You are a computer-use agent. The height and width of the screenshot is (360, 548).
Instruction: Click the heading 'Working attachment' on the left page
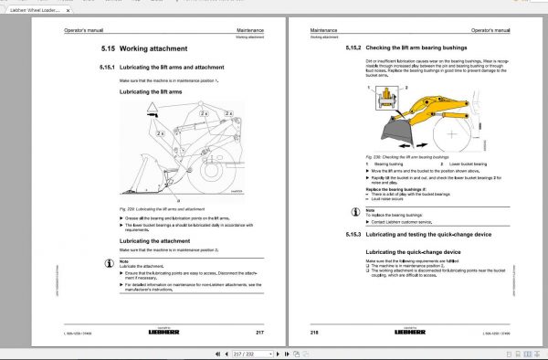160,48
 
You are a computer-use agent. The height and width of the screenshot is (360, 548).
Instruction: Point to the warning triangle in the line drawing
152,112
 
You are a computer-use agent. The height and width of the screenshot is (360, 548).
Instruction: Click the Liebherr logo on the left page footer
183,331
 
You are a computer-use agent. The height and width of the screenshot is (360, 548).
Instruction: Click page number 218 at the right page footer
315,331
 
